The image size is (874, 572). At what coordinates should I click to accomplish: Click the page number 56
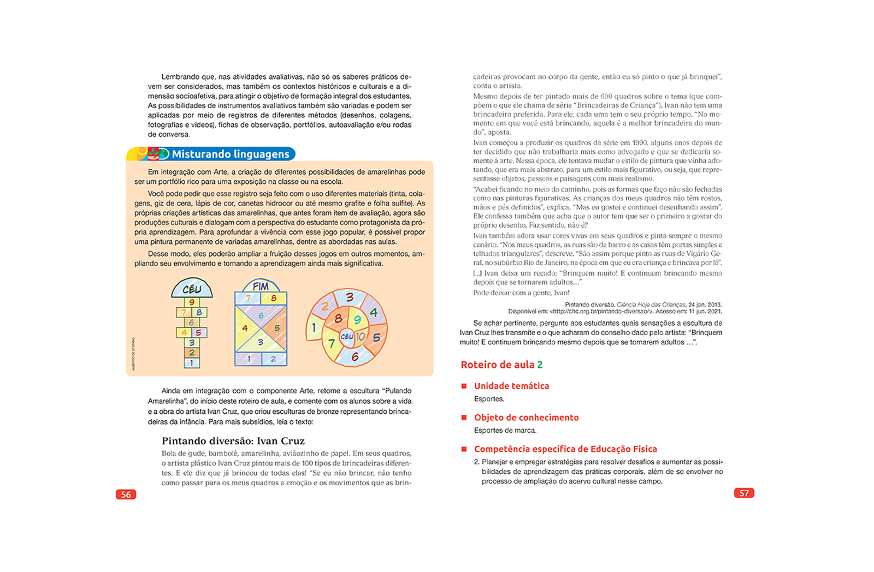pos(126,494)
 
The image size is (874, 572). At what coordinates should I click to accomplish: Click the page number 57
pos(744,493)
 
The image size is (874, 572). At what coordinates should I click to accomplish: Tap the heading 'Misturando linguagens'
pos(230,154)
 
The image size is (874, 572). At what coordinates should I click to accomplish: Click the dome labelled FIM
pos(261,286)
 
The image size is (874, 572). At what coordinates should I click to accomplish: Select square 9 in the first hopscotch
pos(191,302)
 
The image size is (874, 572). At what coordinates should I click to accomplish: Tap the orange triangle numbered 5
pos(276,327)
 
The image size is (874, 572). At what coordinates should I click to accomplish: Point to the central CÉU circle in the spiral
pos(346,336)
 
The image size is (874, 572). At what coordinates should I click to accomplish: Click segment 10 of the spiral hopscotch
pos(360,336)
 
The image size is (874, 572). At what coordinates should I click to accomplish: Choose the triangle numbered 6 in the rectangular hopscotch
pos(261,315)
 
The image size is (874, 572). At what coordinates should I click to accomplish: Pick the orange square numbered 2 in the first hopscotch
pos(192,353)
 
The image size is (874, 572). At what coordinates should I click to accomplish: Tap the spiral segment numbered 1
pos(314,327)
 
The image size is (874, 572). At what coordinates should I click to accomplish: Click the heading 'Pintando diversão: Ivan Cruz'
pos(233,441)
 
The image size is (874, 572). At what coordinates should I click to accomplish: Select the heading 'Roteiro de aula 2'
pos(501,365)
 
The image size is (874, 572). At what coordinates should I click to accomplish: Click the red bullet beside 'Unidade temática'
pos(464,386)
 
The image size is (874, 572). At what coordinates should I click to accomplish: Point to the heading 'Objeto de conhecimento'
pos(526,418)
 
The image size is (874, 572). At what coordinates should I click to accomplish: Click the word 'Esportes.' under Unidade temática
pos(489,399)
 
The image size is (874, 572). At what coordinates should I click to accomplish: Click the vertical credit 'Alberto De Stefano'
pos(133,354)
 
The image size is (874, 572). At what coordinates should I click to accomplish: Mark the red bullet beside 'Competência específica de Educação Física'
pos(464,449)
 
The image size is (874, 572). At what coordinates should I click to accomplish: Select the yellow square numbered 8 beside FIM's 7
pos(273,298)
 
